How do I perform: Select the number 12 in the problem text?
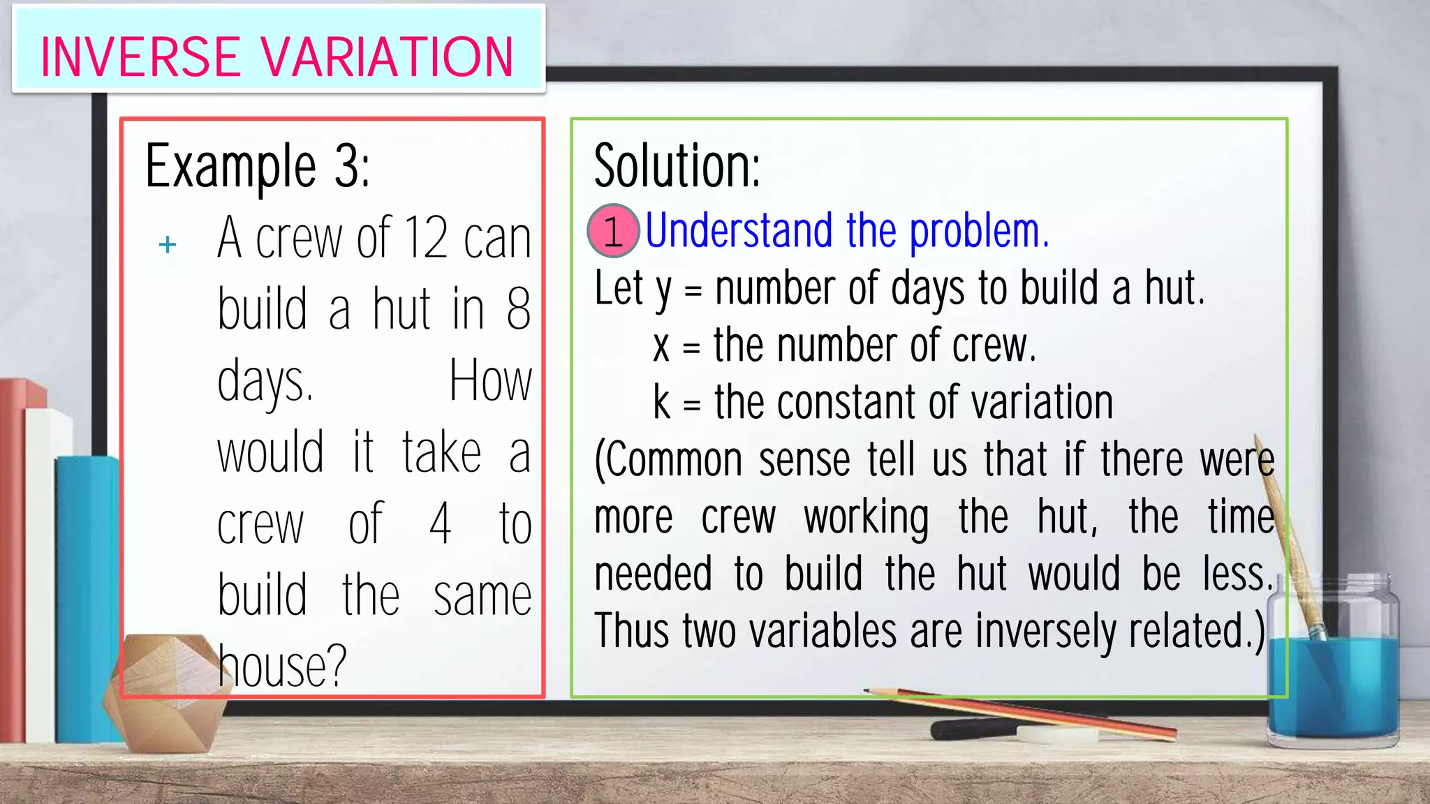pos(425,238)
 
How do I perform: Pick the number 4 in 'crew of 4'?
pos(440,523)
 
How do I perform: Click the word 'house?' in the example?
pos(282,667)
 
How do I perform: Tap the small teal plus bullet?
pos(168,244)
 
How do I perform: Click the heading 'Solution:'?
pos(677,166)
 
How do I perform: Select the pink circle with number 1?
pos(613,231)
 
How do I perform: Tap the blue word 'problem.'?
pos(979,231)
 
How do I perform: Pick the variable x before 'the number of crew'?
pos(661,347)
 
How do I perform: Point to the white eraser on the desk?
pos(1056,734)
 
